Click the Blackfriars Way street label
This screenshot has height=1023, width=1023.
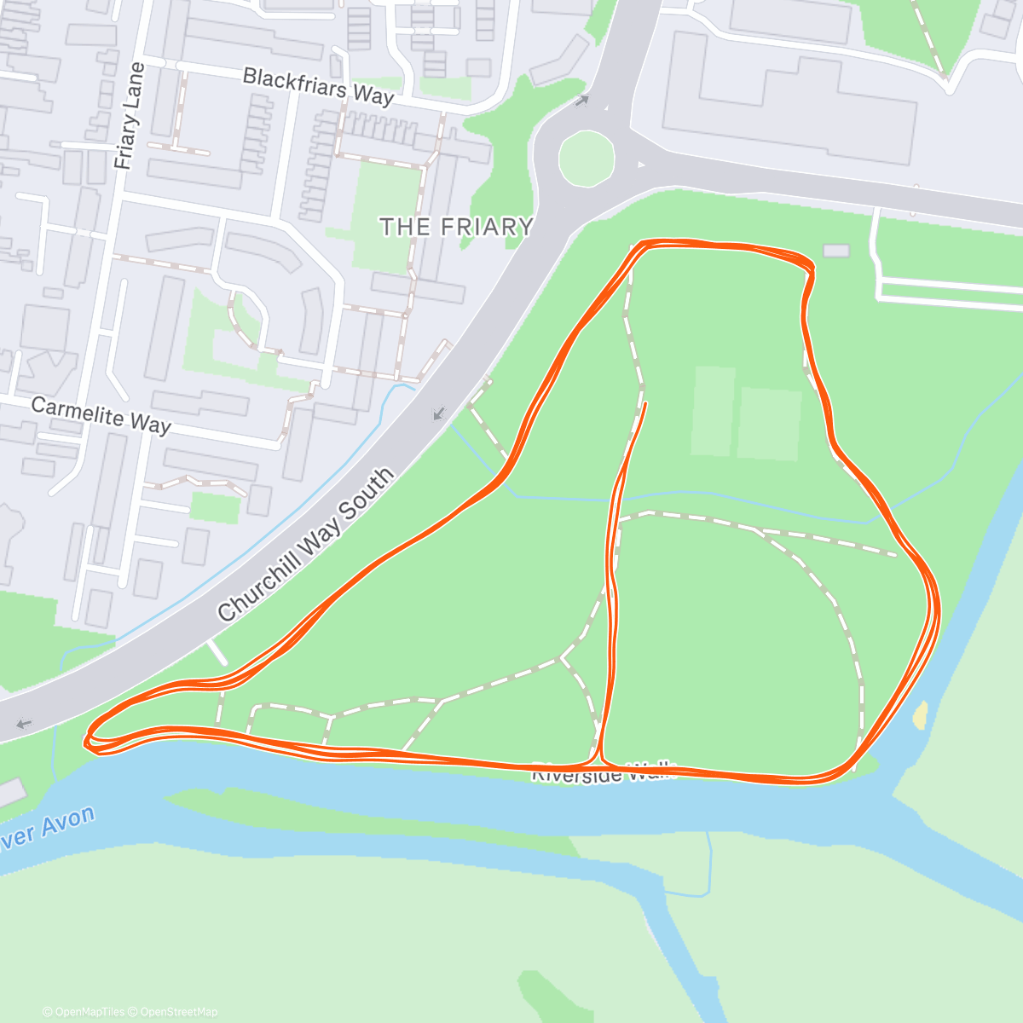pyautogui.click(x=318, y=87)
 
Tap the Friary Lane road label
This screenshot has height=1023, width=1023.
pyautogui.click(x=129, y=116)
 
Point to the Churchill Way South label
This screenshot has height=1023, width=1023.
pyautogui.click(x=306, y=545)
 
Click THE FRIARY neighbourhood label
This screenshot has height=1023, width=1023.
pyautogui.click(x=456, y=227)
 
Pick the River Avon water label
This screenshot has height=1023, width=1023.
pyautogui.click(x=47, y=829)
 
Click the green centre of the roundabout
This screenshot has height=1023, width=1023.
pyautogui.click(x=587, y=159)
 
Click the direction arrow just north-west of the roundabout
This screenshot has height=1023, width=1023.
pyautogui.click(x=582, y=101)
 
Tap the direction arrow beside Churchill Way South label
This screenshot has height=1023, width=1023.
pyautogui.click(x=439, y=414)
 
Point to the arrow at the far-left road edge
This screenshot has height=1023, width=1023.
pyautogui.click(x=24, y=724)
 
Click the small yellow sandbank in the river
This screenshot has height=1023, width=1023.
pyautogui.click(x=920, y=714)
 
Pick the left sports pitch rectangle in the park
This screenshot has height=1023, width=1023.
pyautogui.click(x=713, y=411)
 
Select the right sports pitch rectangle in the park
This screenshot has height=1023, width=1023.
pyautogui.click(x=769, y=424)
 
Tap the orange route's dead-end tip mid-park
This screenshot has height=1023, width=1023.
pyautogui.click(x=645, y=403)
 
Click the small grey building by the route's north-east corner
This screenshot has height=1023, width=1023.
pyautogui.click(x=836, y=251)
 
